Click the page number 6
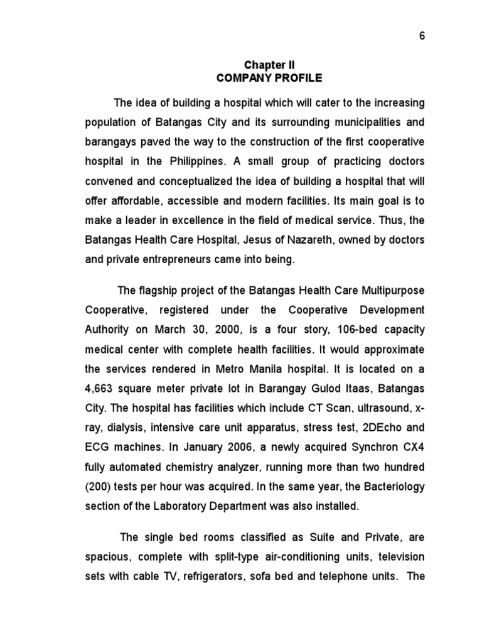point(422,36)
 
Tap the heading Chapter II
point(269,65)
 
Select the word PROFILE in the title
point(297,78)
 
